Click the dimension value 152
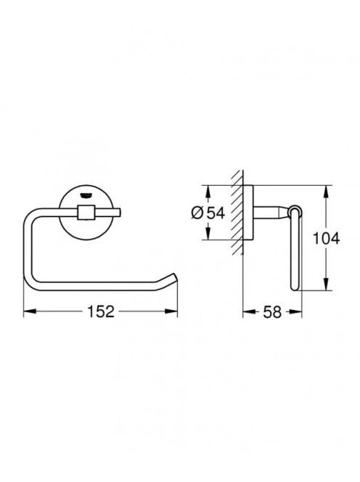point(101,311)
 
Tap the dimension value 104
point(326,238)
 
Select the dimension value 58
point(272,312)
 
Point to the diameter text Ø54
point(208,213)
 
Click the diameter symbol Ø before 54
point(197,213)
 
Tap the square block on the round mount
point(86,213)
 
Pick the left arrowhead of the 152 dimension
point(30,311)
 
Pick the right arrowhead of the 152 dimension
point(171,311)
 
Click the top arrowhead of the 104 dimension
point(326,192)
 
